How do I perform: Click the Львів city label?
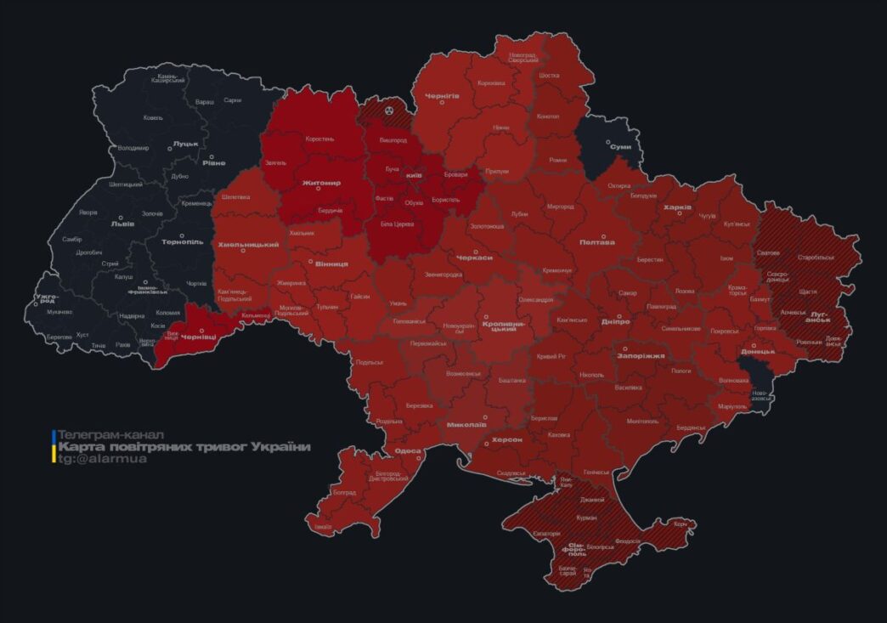117,225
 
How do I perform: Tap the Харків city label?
677,207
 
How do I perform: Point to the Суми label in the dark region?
620,147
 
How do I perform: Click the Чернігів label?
442,96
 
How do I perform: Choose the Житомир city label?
320,183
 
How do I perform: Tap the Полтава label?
596,242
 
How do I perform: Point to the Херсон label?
506,439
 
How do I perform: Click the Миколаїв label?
466,423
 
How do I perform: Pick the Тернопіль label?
183,242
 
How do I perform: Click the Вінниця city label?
331,264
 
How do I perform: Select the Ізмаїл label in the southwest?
323,527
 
